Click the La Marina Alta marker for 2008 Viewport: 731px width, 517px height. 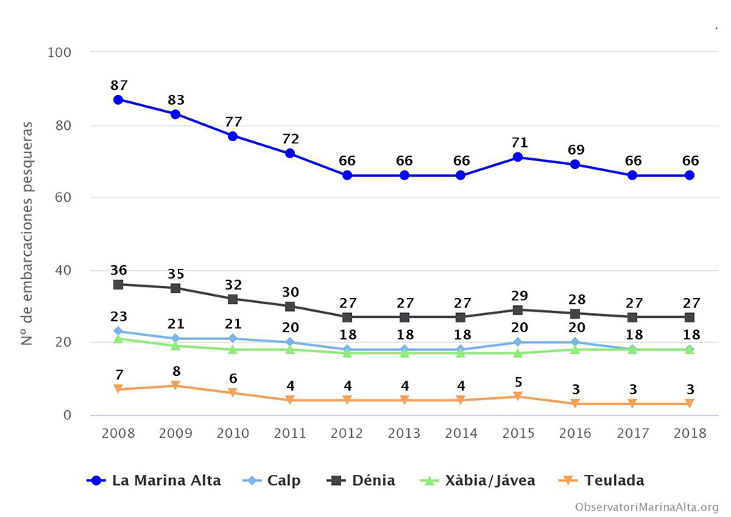(x=119, y=99)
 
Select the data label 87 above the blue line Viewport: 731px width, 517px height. (x=119, y=85)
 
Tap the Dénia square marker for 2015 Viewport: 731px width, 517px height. (x=518, y=309)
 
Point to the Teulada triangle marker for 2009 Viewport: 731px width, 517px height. (x=176, y=386)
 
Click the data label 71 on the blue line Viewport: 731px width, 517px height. (x=518, y=143)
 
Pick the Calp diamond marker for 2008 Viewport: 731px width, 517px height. (x=119, y=331)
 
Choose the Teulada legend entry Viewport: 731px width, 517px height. (x=603, y=481)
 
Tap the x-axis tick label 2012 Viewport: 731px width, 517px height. (x=347, y=433)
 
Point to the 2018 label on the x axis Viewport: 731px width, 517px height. (x=690, y=433)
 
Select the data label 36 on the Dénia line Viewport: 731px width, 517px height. (x=119, y=270)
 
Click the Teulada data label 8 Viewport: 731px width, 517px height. (x=176, y=372)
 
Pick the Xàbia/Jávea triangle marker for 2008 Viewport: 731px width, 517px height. (x=119, y=338)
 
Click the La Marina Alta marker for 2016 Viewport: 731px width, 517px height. (x=575, y=164)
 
